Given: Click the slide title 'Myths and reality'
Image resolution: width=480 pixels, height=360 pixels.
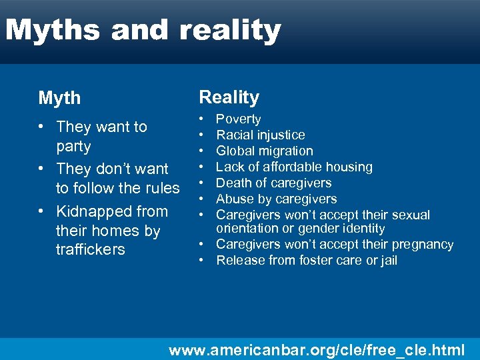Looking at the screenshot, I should [x=143, y=31].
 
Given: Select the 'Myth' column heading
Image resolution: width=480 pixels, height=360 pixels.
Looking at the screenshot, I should [x=59, y=99].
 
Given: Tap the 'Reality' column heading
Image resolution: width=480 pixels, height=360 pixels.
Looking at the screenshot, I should [x=229, y=97].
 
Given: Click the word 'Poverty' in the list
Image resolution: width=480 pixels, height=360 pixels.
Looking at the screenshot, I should [x=238, y=119].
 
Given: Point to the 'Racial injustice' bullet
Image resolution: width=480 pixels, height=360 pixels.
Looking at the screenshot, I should [x=260, y=135].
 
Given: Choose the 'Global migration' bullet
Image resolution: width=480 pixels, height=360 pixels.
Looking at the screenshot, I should [x=264, y=151].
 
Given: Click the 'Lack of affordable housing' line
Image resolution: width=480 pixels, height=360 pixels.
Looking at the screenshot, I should [x=294, y=167].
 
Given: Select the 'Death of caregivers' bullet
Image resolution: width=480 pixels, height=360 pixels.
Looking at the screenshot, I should [x=273, y=183].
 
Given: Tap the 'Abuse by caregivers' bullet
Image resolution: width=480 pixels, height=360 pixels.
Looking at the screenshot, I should [x=276, y=199].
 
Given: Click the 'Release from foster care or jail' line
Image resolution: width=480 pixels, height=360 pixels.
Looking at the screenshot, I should [x=306, y=261].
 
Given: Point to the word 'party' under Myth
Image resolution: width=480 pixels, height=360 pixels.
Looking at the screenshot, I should [x=73, y=146].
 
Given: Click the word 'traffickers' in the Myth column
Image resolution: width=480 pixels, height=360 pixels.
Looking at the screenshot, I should [x=90, y=250].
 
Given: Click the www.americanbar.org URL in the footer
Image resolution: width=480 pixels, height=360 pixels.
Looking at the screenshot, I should [x=317, y=349].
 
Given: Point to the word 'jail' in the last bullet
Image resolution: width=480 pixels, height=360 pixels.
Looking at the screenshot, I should [x=386, y=261].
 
